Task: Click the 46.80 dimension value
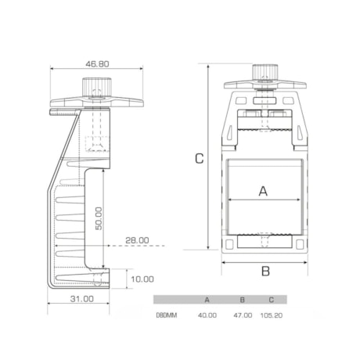click(x=97, y=64)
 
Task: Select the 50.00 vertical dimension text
click(x=99, y=218)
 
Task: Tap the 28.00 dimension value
click(x=137, y=240)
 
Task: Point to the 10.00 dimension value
click(x=142, y=279)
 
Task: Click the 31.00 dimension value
click(x=82, y=299)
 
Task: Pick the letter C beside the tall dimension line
click(x=200, y=158)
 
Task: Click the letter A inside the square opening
click(x=263, y=191)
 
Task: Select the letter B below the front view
click(x=265, y=271)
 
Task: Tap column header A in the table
click(x=207, y=300)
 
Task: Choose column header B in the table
click(x=243, y=300)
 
